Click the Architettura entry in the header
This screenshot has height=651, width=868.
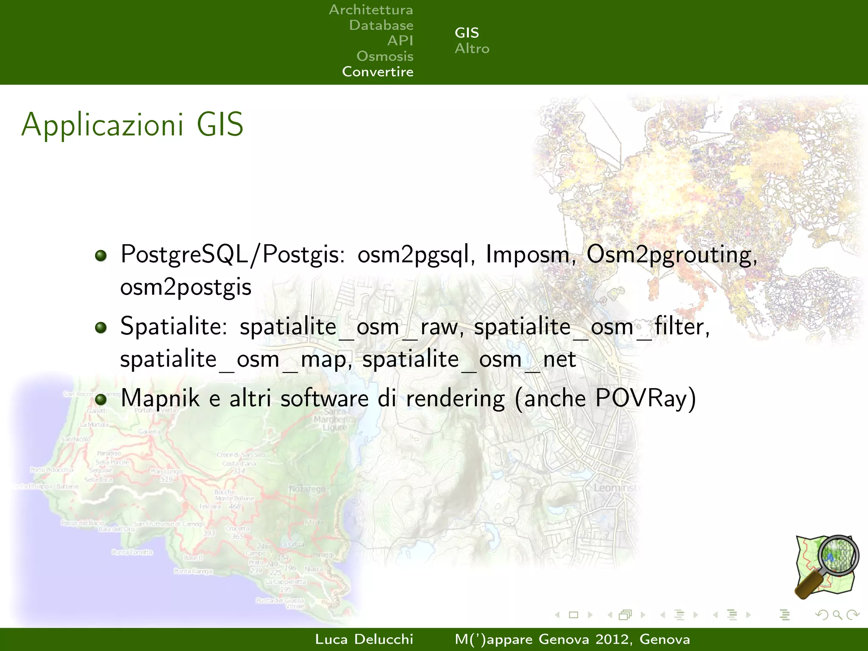(x=371, y=10)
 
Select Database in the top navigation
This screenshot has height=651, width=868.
(x=381, y=25)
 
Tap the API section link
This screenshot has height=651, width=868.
(x=400, y=41)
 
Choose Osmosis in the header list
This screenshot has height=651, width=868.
(x=384, y=56)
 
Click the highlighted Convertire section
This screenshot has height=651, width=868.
(x=378, y=72)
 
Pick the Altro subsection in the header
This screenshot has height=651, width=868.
(x=472, y=49)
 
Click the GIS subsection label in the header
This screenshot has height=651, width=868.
(x=467, y=33)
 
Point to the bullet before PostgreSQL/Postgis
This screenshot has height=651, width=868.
(x=101, y=256)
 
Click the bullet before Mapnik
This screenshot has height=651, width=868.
(x=101, y=399)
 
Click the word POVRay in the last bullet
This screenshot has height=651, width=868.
(x=645, y=398)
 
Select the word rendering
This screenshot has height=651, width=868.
(x=455, y=399)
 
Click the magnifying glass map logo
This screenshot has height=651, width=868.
(x=826, y=567)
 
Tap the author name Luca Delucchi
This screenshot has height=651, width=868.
(x=364, y=639)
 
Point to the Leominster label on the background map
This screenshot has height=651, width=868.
(x=617, y=488)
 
